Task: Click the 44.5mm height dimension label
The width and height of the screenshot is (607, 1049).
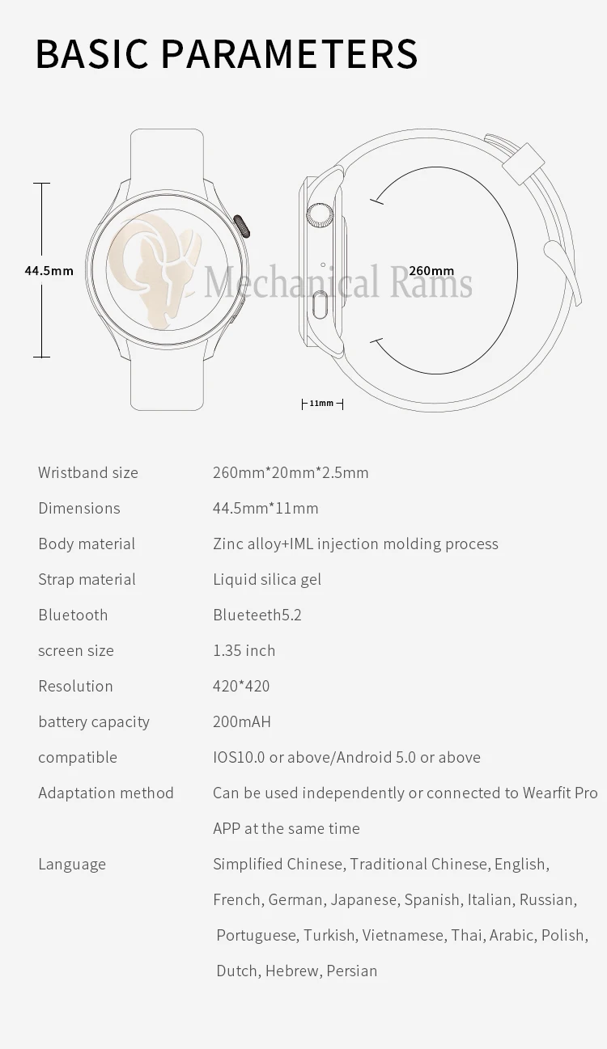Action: tap(49, 271)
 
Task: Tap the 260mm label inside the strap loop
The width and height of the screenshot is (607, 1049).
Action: tap(431, 271)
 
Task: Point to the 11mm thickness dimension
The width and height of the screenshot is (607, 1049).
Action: tap(321, 403)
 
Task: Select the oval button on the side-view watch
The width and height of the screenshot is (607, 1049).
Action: tap(320, 307)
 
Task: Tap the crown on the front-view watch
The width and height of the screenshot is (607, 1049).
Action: tap(241, 226)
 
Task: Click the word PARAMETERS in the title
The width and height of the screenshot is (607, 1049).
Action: tap(289, 53)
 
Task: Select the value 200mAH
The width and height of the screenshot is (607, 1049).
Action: tap(242, 721)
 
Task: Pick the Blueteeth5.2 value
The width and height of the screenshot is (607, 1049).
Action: tap(257, 615)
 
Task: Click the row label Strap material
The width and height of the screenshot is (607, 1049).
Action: tap(87, 579)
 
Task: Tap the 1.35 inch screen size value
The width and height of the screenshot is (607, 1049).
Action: tap(244, 650)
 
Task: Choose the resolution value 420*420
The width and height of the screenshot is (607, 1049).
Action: tap(241, 686)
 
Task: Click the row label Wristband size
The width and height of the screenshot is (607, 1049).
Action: tap(88, 472)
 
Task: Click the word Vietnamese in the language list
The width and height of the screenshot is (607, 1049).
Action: tap(403, 935)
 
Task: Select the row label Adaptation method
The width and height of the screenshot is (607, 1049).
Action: tap(106, 793)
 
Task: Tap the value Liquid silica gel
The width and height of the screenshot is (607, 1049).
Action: tap(267, 579)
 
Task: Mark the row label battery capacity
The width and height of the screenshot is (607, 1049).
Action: tap(94, 721)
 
